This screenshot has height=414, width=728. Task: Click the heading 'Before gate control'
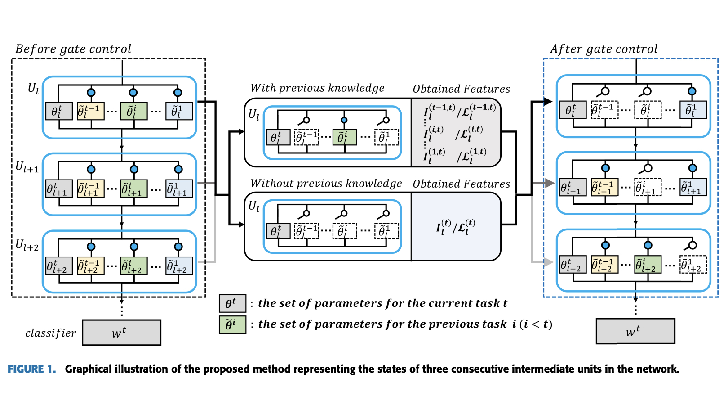73,49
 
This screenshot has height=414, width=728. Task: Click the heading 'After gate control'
604,49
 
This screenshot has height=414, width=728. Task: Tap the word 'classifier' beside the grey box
50,333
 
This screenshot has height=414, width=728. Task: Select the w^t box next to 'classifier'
121,333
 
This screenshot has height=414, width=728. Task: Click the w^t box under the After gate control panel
635,331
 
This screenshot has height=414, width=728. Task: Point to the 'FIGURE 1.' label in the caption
31,369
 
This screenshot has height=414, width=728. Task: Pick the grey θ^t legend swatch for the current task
232,303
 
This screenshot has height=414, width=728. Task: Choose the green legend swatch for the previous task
232,324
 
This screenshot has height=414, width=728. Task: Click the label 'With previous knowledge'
317,88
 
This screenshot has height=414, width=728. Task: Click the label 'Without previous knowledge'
326,184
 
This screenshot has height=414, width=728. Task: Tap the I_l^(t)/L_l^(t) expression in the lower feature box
455,227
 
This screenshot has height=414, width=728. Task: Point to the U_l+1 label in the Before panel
27,167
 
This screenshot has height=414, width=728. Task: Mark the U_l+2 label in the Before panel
27,245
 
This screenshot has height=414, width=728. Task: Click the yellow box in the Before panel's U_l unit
90,111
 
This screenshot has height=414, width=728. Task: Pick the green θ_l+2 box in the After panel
648,264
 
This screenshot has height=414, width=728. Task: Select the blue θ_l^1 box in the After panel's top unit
692,110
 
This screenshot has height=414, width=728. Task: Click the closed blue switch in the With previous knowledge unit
344,121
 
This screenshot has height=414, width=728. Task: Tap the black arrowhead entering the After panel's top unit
548,102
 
